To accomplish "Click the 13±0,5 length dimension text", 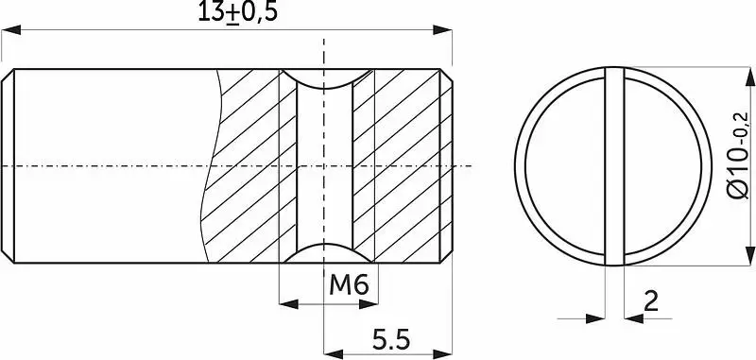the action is coord(238,12).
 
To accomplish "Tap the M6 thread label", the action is coord(349,285).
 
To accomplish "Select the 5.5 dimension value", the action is coord(391,340).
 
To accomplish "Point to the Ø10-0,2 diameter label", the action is coord(739,155).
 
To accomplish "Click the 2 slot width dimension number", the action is coord(651,301).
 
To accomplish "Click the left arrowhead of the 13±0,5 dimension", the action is coord(11,30).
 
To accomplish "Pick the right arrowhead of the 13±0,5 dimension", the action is coord(442,30).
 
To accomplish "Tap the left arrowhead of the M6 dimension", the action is coord(289,304).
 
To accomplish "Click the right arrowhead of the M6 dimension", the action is coord(369,304).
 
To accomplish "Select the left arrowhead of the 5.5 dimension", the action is coord(334,354).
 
